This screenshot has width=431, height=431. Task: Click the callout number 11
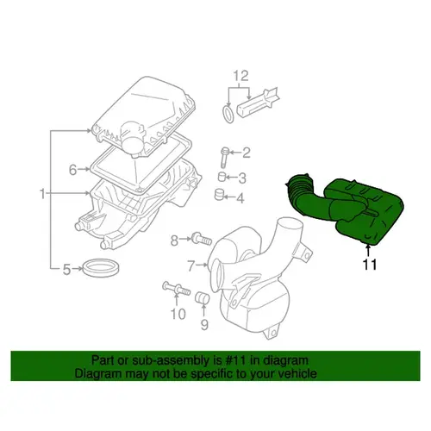click(x=370, y=265)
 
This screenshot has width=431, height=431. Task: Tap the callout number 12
click(x=240, y=76)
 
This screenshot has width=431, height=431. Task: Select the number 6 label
click(x=72, y=170)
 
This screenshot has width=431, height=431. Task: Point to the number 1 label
click(x=42, y=194)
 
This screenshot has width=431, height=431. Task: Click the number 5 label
click(x=66, y=269)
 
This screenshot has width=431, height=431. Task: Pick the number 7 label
click(x=191, y=265)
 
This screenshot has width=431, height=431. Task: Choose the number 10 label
click(x=178, y=314)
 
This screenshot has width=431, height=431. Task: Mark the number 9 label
click(x=204, y=325)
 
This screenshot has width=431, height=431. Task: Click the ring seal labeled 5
click(x=101, y=268)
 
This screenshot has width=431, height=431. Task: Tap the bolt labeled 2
click(x=224, y=157)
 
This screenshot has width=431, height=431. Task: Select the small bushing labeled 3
click(x=222, y=176)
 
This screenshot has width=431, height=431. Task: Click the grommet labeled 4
click(x=219, y=195)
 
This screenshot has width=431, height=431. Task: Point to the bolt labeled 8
click(x=202, y=239)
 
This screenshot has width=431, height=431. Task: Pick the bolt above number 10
click(x=177, y=288)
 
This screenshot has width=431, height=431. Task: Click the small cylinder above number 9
click(x=202, y=297)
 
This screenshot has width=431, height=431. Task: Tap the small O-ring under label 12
click(x=228, y=114)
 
